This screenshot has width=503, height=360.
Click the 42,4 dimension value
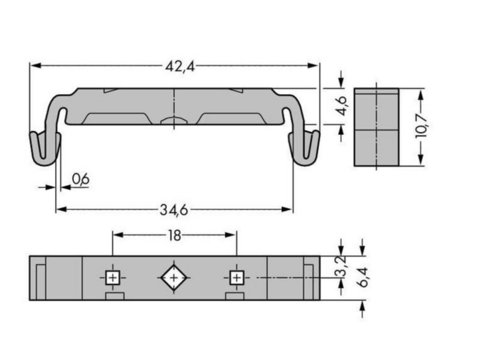180,67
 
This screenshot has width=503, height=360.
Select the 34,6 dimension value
174,211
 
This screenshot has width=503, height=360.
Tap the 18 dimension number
174,236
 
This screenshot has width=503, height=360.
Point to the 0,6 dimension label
80,179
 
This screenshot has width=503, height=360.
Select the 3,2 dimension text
340,269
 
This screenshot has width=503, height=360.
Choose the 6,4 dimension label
363,277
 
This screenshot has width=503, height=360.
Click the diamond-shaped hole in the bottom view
174,278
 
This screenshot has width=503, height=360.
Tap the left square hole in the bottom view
113,278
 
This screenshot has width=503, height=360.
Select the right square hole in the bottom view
237,278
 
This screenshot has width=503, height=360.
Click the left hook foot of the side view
45,148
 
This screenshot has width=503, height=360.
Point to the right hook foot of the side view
304,148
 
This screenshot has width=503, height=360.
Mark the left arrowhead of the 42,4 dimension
35,65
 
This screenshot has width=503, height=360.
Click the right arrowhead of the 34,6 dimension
287,209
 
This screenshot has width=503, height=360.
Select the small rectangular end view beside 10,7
376,127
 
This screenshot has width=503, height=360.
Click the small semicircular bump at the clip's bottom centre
174,120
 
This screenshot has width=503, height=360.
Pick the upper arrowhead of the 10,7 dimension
421,94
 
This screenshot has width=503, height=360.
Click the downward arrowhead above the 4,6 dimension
341,83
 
